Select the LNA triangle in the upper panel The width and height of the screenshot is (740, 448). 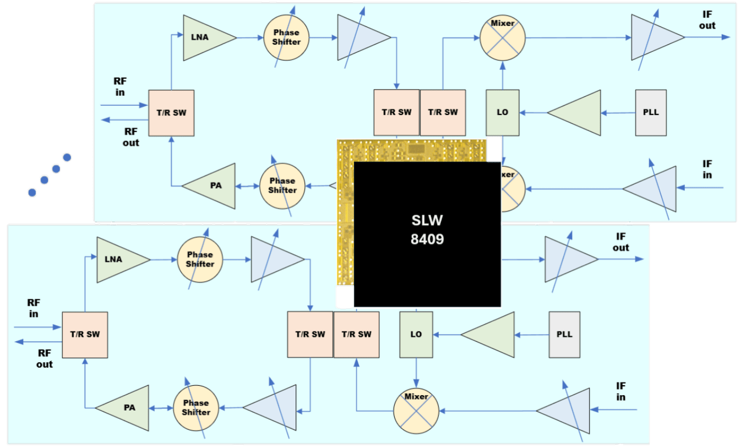point(206,37)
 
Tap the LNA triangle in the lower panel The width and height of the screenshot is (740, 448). point(119,259)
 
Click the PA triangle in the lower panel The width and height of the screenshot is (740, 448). point(126,408)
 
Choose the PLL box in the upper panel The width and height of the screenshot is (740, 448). point(651,112)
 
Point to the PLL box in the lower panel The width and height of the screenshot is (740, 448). point(564,334)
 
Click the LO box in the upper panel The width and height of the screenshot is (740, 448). point(502,112)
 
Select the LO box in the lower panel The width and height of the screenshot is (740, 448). point(416,334)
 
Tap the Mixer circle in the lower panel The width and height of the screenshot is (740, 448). point(416,411)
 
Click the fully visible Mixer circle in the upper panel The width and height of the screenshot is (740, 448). point(502,38)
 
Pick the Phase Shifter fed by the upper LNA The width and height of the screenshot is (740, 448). point(286,37)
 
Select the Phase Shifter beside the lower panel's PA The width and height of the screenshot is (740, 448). point(196,408)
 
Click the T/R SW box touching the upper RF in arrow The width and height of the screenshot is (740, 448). point(171,113)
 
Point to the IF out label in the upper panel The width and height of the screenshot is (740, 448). point(707,21)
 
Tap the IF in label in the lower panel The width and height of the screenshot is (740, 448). point(621,391)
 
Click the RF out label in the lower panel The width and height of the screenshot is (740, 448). point(45,358)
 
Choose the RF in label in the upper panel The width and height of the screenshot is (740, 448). point(120,86)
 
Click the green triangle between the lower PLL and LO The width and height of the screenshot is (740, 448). point(492,335)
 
